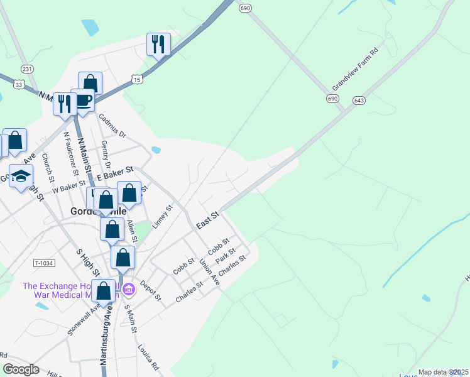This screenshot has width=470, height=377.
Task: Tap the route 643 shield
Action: pos(359,100)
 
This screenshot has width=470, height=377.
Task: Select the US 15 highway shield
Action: pos(137,78)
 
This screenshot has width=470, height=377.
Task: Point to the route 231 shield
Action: pos(26,68)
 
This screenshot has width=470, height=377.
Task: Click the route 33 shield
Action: pos(19,85)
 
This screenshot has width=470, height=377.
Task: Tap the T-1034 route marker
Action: pos(43,263)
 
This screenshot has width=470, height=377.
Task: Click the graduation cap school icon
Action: pos(21,177)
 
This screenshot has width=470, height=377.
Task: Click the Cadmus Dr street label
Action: pos(112,126)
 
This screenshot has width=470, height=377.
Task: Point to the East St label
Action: pos(207,220)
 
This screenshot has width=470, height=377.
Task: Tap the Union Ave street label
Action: pos(209,271)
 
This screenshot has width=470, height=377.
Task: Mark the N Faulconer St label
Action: pos(70,154)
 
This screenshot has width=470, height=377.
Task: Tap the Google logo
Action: pos(21,369)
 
